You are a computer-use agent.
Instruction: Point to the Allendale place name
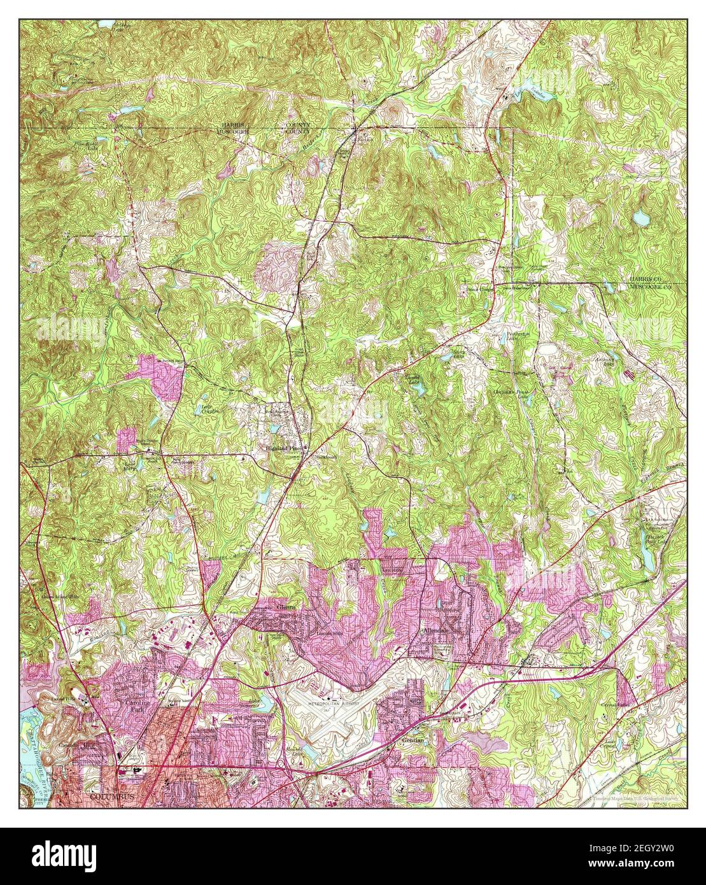[x=437, y=630]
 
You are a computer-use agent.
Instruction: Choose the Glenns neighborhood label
[x=286, y=608]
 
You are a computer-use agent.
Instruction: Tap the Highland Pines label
[x=284, y=448]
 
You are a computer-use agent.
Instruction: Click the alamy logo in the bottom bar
[x=66, y=854]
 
